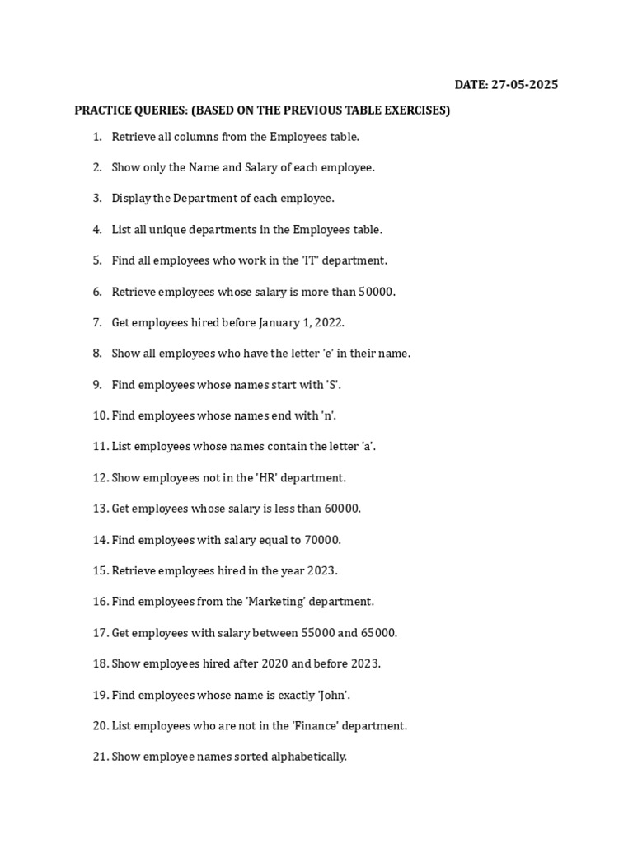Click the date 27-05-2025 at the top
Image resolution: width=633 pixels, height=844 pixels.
click(x=524, y=85)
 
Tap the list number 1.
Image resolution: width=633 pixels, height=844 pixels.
click(x=96, y=137)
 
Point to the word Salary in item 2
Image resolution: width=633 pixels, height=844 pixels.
click(x=262, y=167)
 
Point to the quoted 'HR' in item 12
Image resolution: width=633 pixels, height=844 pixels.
click(x=270, y=478)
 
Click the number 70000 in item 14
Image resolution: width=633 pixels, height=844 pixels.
click(x=321, y=540)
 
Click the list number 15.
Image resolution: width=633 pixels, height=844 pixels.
click(x=100, y=570)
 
